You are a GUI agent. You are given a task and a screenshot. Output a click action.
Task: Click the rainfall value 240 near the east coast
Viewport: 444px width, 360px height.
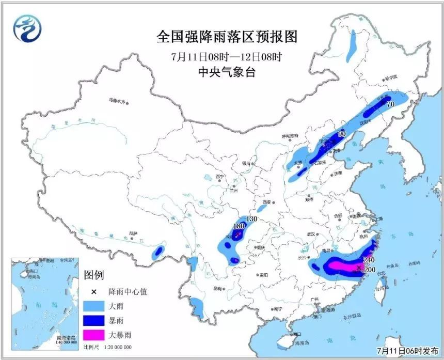pyautogui.click(x=369, y=260)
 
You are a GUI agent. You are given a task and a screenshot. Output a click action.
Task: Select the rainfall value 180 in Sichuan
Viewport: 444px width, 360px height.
pyautogui.click(x=238, y=226)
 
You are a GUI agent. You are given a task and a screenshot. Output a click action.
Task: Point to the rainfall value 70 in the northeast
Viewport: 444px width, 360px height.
pyautogui.click(x=390, y=104)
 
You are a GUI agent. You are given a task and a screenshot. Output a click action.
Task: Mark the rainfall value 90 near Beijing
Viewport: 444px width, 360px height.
pyautogui.click(x=341, y=134)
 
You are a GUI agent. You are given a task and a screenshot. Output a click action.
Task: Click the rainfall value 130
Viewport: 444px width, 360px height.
pyautogui.click(x=251, y=220)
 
